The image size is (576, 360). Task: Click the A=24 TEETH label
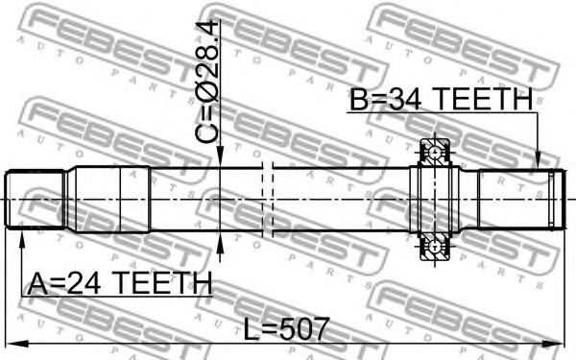[x=120, y=283]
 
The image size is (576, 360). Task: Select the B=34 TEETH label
[x=441, y=99]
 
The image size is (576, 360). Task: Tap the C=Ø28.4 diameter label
[x=206, y=82]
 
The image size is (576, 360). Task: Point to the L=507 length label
[x=286, y=328]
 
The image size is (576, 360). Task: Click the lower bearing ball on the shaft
[x=435, y=248]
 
